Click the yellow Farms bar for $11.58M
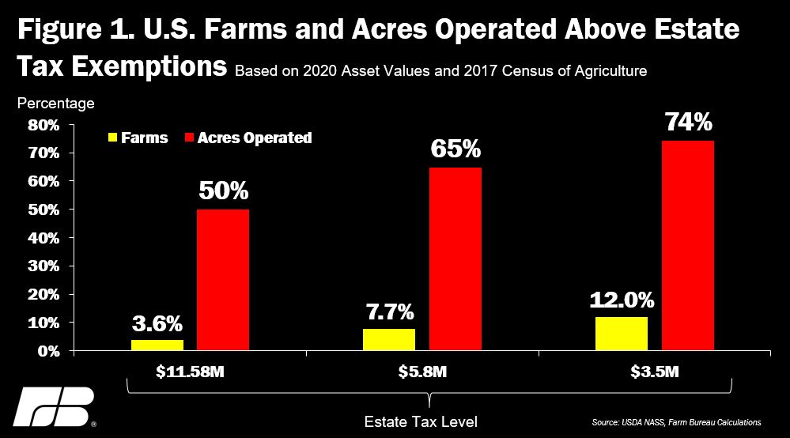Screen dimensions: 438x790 click(x=157, y=345)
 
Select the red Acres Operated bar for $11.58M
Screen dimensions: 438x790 click(x=223, y=280)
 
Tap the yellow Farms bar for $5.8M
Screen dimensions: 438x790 click(x=389, y=340)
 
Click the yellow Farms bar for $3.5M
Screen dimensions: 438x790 click(x=622, y=334)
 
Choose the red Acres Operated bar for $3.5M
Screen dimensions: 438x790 click(x=688, y=246)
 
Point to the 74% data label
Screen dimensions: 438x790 click(x=688, y=123)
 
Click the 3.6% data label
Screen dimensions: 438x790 click(x=157, y=323)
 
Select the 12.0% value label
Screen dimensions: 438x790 click(x=622, y=300)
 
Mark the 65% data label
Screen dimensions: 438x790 click(x=455, y=150)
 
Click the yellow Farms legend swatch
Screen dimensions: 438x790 click(x=113, y=138)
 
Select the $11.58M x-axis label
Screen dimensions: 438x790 click(x=190, y=369)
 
